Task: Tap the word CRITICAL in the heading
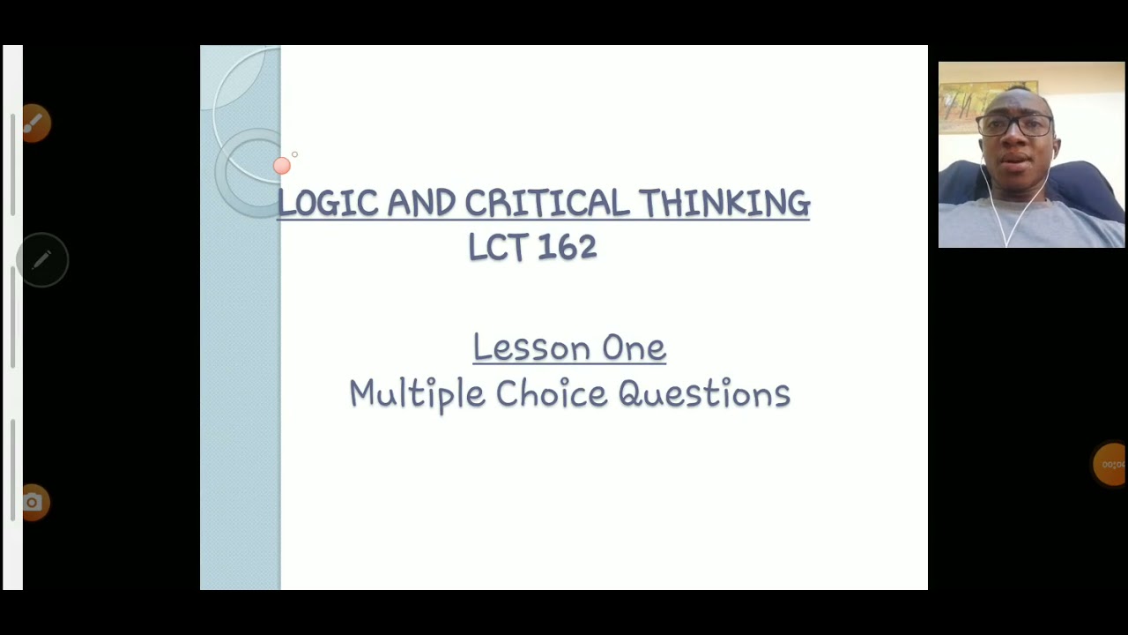[547, 203]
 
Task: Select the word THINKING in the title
[724, 203]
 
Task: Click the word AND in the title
[421, 203]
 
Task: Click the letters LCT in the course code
[498, 247]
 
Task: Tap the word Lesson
[531, 347]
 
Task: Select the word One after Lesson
[634, 347]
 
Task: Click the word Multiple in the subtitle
[417, 393]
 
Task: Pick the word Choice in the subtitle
[551, 393]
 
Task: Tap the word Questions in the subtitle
[704, 393]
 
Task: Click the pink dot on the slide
[282, 166]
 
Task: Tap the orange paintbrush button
[35, 123]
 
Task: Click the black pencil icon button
[42, 260]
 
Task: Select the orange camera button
[33, 503]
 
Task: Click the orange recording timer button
[1110, 464]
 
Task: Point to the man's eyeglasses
[1015, 125]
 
